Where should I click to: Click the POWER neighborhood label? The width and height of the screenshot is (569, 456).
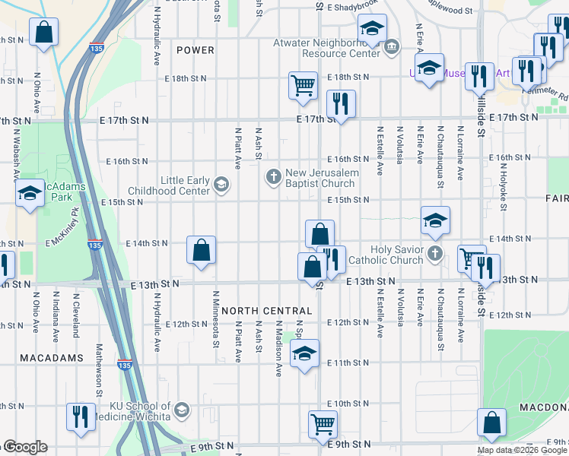click(195, 50)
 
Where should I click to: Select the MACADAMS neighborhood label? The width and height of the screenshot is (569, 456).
click(41, 357)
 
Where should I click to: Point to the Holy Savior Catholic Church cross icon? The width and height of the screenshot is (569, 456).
click(434, 252)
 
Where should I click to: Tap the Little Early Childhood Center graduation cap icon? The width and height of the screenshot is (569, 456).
click(221, 183)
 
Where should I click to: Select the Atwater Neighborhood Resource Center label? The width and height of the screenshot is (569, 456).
click(341, 49)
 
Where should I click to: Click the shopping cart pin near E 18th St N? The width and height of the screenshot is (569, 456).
click(303, 85)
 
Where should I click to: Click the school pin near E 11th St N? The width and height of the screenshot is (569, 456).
click(304, 353)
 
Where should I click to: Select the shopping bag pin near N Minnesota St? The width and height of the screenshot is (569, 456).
click(202, 250)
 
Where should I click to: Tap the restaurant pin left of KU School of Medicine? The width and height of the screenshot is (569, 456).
click(78, 416)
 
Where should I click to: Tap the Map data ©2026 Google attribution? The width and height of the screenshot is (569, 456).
click(522, 450)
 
